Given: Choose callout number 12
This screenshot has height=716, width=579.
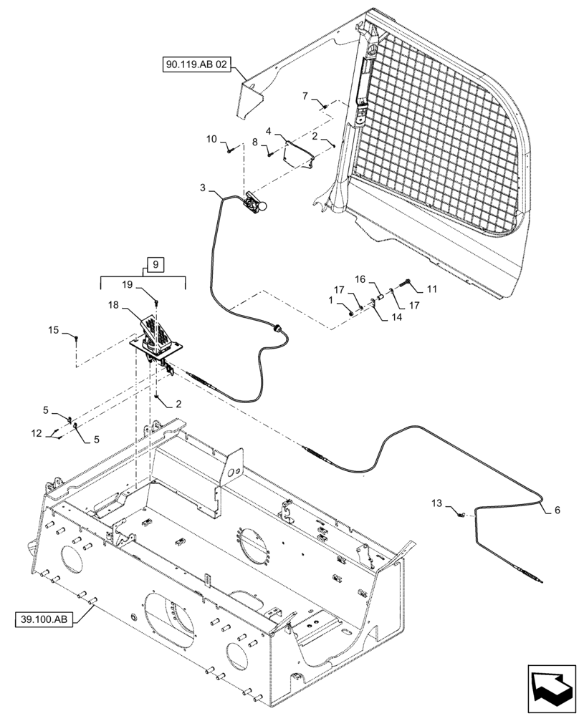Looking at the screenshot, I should [36, 432].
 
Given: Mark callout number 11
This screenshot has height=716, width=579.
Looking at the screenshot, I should [431, 289].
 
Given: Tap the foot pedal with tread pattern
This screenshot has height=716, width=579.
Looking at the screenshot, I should [155, 331].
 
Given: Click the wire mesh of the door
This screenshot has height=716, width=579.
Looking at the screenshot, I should [437, 136].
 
